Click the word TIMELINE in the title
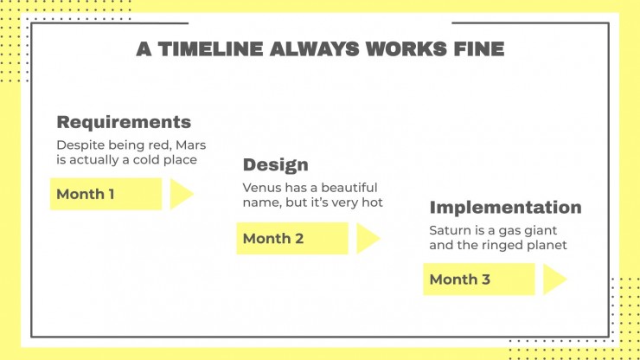tap(211, 49)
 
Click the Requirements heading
tap(124, 122)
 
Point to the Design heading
tap(276, 165)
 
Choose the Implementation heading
tap(505, 207)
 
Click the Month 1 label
tap(86, 194)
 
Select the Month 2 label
tap(273, 239)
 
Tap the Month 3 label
tap(459, 280)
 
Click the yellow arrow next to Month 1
tap(181, 194)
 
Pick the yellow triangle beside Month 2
tap(367, 239)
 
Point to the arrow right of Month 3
tap(554, 280)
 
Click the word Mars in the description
tap(190, 145)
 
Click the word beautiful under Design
tap(349, 188)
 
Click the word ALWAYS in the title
tap(314, 49)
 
